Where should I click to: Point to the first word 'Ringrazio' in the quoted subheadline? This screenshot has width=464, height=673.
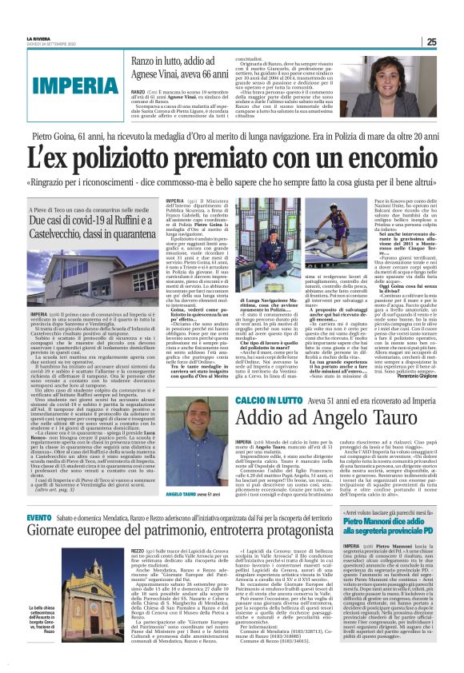tap(72, 183)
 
